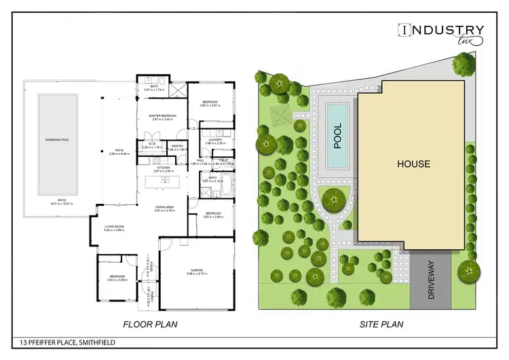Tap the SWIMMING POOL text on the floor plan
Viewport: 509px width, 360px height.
[57, 140]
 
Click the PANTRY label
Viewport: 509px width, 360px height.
[178, 146]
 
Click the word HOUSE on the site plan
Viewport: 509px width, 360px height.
[413, 164]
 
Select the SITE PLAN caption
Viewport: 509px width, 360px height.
[381, 324]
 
